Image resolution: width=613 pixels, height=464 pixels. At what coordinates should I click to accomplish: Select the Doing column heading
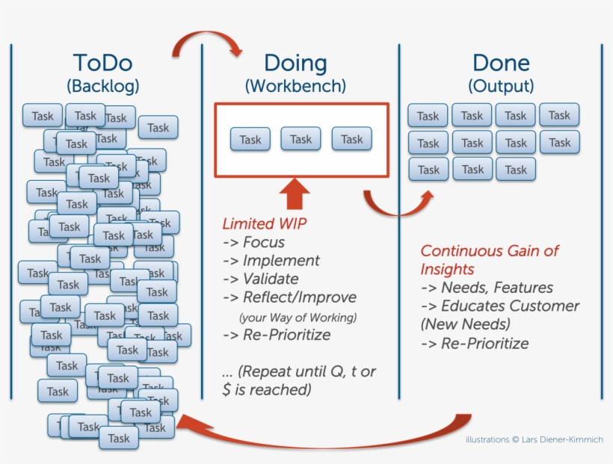click(295, 63)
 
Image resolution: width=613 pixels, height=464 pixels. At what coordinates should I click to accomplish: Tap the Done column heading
click(501, 63)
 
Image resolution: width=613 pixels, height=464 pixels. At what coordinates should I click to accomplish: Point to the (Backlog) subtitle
click(103, 86)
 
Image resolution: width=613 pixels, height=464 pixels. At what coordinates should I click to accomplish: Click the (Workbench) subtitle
click(295, 86)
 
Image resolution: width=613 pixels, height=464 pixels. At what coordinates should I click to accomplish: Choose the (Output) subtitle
click(501, 86)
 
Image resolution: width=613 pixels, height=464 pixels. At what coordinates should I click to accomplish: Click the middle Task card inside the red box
click(301, 139)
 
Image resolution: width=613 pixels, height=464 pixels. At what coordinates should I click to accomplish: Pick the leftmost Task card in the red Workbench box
click(250, 140)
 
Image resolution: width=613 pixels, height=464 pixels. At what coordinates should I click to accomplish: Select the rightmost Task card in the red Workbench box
click(351, 139)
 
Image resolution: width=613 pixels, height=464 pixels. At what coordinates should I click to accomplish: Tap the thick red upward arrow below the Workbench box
click(295, 194)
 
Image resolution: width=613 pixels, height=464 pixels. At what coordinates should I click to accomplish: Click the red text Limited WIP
click(265, 223)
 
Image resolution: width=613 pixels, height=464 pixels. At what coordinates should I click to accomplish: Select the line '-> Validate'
click(260, 279)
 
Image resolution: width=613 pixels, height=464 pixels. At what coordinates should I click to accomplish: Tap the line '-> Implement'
click(271, 261)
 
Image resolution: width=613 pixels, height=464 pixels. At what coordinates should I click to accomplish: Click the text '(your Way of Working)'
click(298, 317)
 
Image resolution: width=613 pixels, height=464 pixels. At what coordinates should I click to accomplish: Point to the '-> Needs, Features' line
click(487, 287)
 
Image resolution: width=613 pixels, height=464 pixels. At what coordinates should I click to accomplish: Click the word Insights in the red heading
click(447, 269)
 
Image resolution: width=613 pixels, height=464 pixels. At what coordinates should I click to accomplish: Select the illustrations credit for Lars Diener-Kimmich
click(534, 439)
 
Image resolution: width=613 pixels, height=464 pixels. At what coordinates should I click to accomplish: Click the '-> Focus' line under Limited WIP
click(253, 242)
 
